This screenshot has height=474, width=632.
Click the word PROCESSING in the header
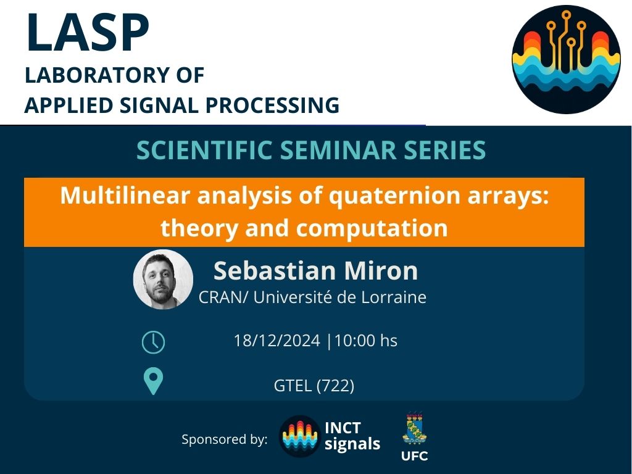(272, 105)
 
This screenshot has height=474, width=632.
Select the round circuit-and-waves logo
(567, 59)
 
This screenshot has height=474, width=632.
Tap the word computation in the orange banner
(372, 228)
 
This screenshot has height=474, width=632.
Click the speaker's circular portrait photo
(163, 280)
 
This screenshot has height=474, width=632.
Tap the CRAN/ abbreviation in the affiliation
(223, 297)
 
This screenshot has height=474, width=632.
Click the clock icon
(154, 343)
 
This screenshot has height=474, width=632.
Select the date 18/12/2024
(277, 341)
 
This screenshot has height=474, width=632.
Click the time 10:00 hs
(365, 341)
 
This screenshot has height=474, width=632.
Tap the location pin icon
(154, 381)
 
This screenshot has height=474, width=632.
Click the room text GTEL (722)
(314, 386)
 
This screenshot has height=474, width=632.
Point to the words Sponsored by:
(225, 439)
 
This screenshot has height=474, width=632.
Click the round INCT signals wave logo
(299, 436)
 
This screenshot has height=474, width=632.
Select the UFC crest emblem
(415, 428)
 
